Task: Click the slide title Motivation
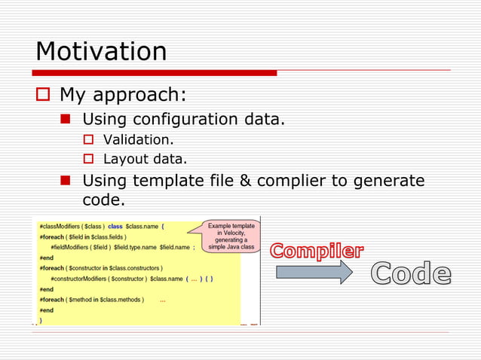(101, 52)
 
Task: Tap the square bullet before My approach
(43, 96)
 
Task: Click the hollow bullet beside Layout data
(87, 159)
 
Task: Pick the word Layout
(124, 159)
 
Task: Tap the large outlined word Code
(411, 274)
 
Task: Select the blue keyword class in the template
(115, 226)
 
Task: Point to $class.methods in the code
(121, 299)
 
